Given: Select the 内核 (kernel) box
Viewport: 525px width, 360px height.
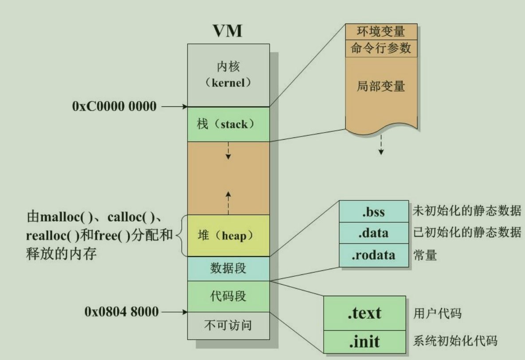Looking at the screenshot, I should click(x=228, y=74).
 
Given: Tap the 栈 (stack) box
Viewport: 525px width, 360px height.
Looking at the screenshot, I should click(x=228, y=124).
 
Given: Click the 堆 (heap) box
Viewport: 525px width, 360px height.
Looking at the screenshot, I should click(x=228, y=235).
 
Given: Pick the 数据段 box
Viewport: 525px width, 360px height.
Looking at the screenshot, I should click(x=228, y=268).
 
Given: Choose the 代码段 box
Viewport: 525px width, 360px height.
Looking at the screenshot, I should click(x=228, y=296).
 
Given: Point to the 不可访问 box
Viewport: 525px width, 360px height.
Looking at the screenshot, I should click(x=228, y=325).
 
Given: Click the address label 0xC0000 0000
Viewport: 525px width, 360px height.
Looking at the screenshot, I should click(x=114, y=106).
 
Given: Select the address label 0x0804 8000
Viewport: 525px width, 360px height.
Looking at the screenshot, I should click(x=121, y=312).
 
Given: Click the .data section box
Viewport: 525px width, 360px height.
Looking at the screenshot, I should click(x=373, y=233).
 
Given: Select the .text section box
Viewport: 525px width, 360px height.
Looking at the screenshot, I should click(x=364, y=313).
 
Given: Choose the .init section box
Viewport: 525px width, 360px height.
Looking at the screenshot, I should click(x=364, y=341).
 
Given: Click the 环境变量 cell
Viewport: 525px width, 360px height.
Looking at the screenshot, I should click(x=381, y=32).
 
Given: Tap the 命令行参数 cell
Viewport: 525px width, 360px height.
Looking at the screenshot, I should click(x=381, y=48).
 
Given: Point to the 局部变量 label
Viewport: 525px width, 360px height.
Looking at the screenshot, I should click(x=381, y=86).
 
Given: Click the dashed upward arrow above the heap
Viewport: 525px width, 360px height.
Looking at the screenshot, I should click(x=228, y=202).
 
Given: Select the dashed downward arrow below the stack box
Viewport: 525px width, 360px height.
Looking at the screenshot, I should click(x=228, y=151).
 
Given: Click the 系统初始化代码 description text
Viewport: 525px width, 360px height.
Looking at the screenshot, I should click(x=455, y=341).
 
